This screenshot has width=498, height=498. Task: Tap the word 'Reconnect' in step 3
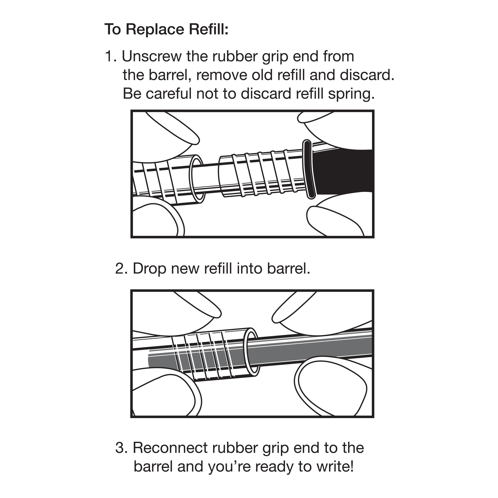[x=170, y=448]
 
